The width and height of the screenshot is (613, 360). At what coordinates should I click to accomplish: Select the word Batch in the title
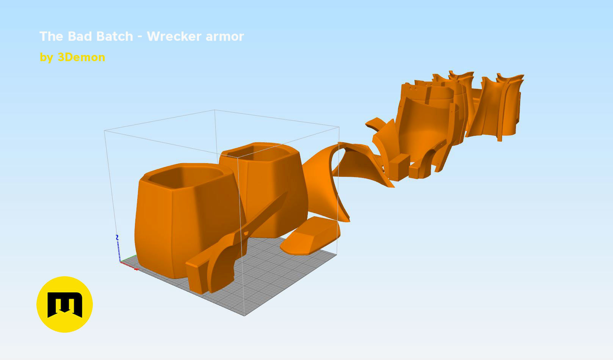click(x=114, y=36)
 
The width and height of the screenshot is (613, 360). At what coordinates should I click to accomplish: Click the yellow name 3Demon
click(x=81, y=57)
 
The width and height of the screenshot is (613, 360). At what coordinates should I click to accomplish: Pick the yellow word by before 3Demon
click(x=46, y=58)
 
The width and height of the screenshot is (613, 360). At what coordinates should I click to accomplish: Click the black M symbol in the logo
click(x=64, y=304)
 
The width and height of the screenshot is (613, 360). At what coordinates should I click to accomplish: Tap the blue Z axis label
click(x=117, y=237)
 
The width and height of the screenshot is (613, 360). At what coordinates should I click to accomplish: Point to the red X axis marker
click(x=136, y=269)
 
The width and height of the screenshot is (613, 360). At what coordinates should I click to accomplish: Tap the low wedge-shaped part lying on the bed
click(x=309, y=237)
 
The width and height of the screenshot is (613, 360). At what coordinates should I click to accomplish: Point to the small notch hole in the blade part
click(x=246, y=233)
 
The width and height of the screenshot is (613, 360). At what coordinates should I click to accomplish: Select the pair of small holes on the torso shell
click(x=413, y=89)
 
